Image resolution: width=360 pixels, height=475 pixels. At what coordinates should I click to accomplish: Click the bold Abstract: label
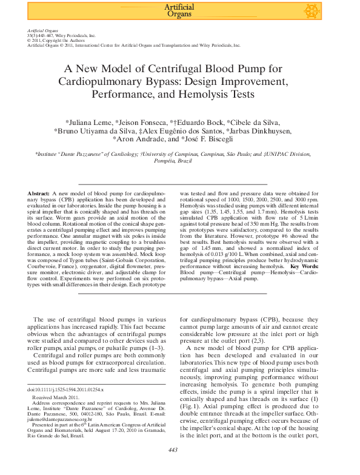click(39, 193)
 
